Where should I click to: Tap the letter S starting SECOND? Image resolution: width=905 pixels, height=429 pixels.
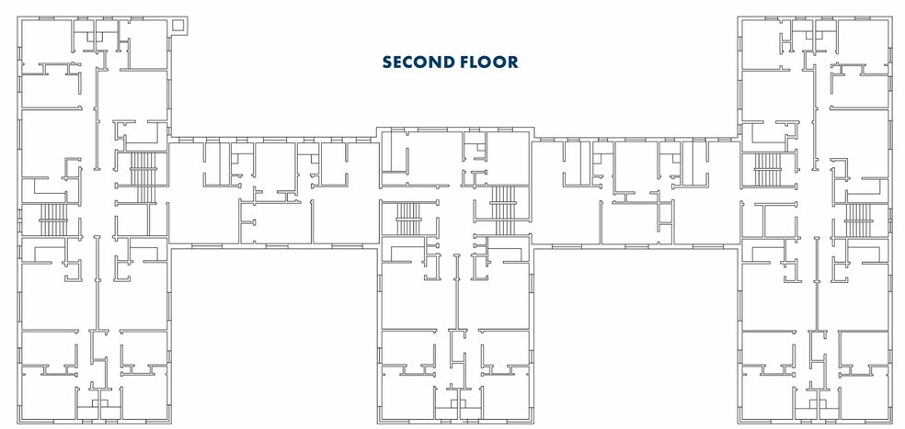(x=388, y=62)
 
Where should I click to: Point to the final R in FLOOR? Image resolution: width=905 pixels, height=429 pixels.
(x=512, y=62)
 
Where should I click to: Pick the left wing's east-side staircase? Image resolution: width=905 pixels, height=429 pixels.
(x=144, y=176)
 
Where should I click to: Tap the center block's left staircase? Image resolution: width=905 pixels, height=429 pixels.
(x=407, y=217)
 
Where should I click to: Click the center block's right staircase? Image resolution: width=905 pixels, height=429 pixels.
(x=502, y=208)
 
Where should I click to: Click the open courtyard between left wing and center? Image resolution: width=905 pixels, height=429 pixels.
(x=273, y=335)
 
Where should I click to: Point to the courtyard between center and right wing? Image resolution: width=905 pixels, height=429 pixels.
(x=635, y=335)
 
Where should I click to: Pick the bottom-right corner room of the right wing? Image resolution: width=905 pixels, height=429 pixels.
(x=863, y=397)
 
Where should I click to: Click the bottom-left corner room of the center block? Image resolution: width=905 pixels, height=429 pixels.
(x=405, y=397)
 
